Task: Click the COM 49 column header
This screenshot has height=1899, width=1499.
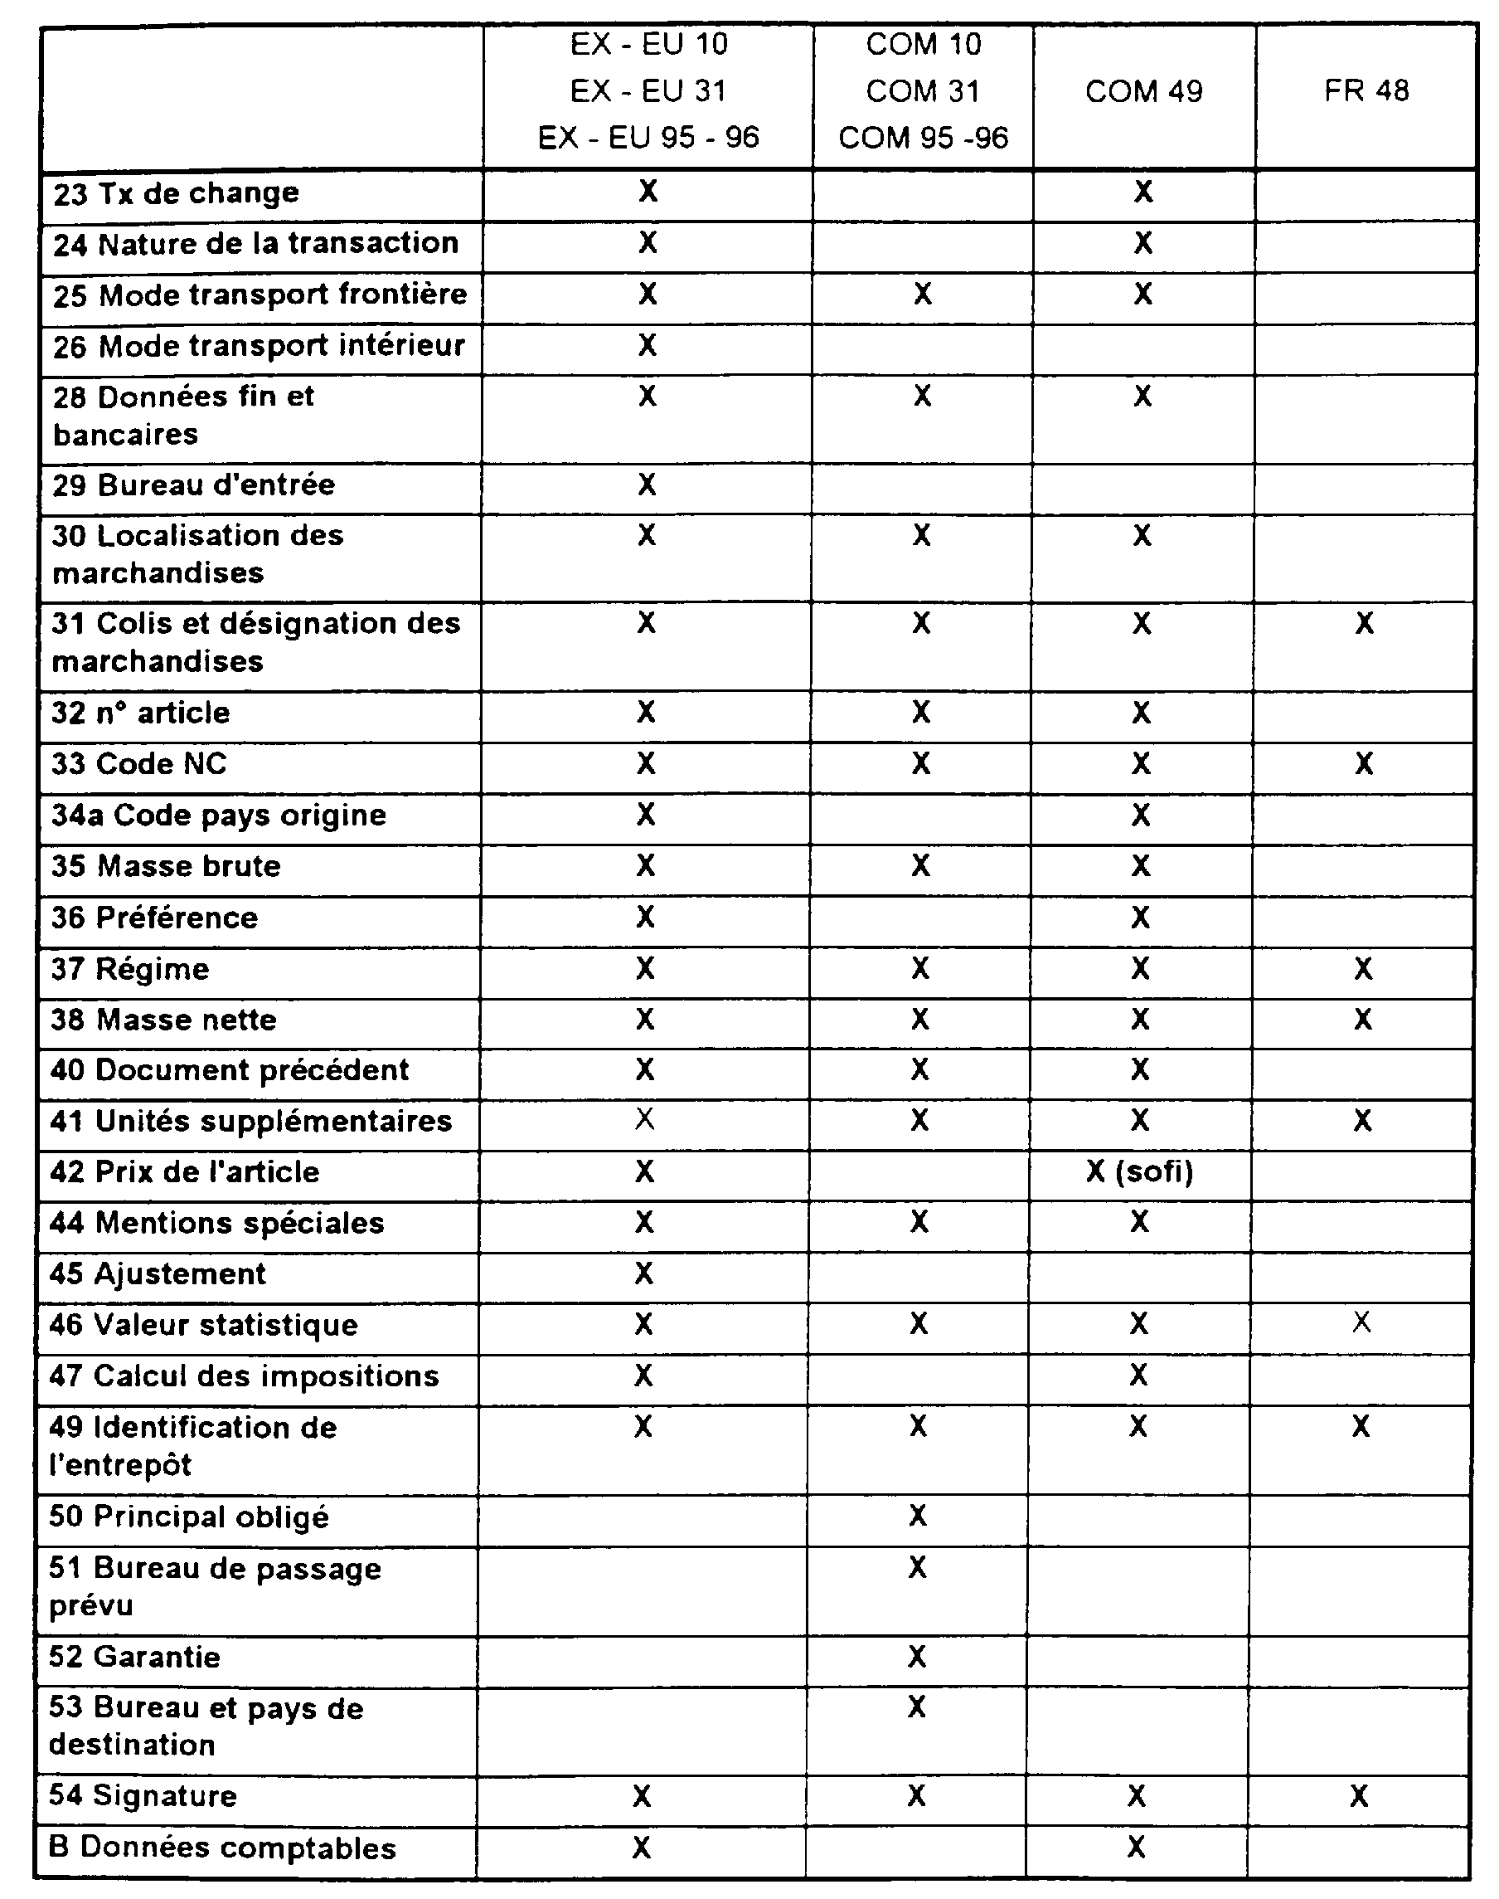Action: coord(1143,91)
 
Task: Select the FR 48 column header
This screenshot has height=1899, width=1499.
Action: coord(1366,90)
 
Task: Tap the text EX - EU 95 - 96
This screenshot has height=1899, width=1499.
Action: coord(648,138)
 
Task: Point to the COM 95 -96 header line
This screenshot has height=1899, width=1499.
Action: coord(924,138)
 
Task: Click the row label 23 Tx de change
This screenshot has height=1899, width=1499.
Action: coord(177,193)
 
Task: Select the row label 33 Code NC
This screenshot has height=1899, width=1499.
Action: coord(138,764)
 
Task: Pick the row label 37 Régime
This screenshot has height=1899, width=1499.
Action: coord(130,969)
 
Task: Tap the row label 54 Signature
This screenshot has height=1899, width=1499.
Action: coord(143,1795)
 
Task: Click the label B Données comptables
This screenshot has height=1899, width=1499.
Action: coord(222,1848)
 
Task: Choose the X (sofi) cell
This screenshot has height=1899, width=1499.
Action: coord(1139,1171)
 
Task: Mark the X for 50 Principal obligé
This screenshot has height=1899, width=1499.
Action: coord(918,1516)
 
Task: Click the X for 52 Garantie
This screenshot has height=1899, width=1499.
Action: coord(917,1656)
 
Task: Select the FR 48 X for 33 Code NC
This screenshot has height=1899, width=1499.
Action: coord(1364,764)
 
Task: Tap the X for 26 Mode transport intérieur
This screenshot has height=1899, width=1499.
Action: coord(647,345)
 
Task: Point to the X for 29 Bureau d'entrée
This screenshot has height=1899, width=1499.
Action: coord(647,484)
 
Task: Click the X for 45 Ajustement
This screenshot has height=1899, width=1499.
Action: coord(644,1273)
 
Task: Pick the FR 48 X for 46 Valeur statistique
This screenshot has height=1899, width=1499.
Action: coord(1361,1322)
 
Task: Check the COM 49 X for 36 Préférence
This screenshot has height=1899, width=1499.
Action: coord(1140,918)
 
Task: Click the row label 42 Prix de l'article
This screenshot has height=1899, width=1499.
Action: coord(184,1172)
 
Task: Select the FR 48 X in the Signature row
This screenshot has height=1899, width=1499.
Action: coord(1359,1796)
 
